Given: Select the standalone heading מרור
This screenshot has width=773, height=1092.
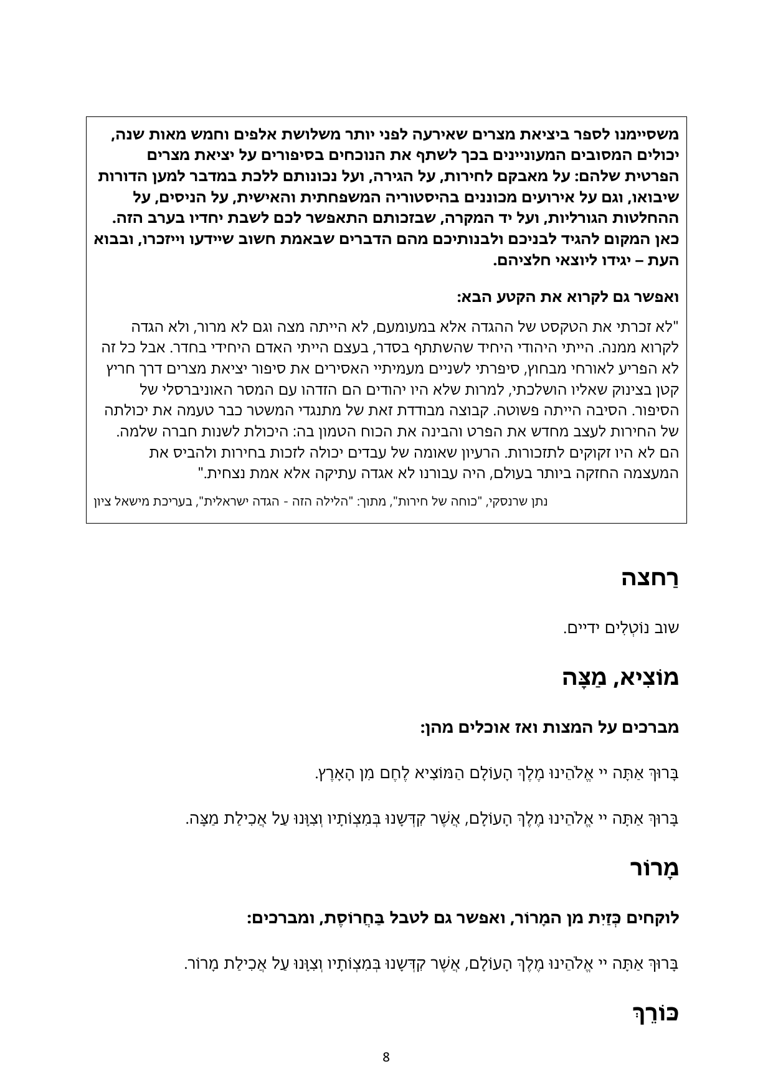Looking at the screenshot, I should tap(653, 868).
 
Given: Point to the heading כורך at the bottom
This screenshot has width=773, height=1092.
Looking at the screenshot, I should tap(656, 1012).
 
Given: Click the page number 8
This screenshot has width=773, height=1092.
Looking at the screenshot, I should tap(386, 1057).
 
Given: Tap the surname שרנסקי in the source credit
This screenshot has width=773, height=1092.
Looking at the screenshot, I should tap(507, 501).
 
